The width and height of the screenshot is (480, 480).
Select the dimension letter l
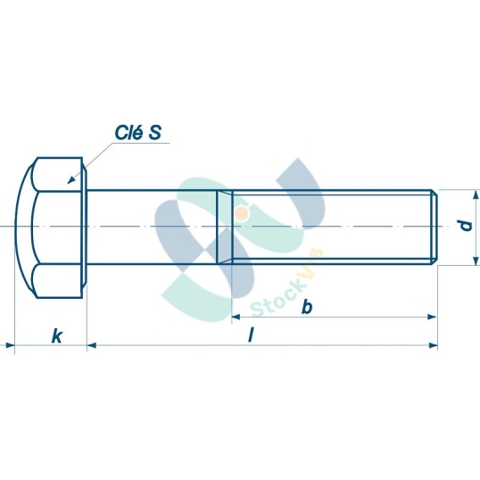(252, 335)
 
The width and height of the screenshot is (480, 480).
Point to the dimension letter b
(306, 307)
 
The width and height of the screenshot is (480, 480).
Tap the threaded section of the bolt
(330, 228)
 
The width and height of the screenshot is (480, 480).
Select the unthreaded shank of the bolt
(152, 228)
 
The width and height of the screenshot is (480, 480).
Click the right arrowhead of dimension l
(434, 344)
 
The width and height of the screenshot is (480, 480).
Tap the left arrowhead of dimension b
(237, 316)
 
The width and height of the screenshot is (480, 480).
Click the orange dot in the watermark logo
(242, 212)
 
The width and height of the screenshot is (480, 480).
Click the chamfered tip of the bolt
(435, 228)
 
